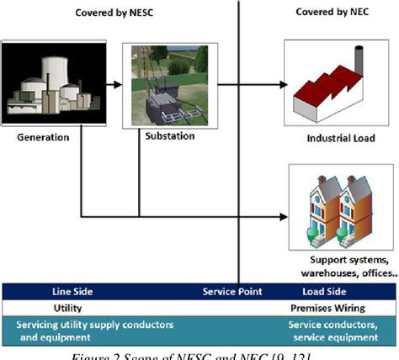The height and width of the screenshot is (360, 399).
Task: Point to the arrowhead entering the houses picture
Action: pos(282,218)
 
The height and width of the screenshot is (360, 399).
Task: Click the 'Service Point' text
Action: pos(233,292)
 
